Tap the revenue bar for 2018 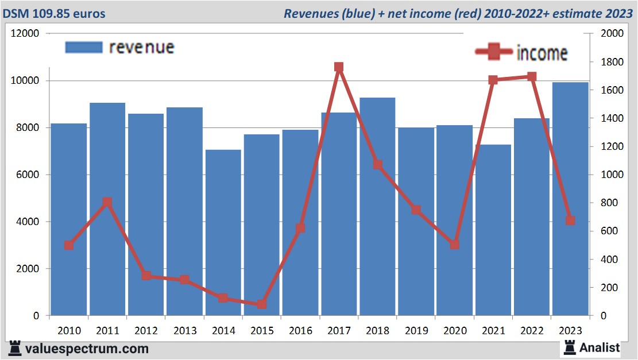377,207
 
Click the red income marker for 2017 339,67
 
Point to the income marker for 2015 262,304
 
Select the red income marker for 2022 532,76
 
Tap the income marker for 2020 455,245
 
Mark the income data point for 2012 146,276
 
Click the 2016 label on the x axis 300,331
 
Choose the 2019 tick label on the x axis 416,331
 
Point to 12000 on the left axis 25,33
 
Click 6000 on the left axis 27,175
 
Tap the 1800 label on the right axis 611,62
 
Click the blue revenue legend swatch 84,47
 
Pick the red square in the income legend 494,52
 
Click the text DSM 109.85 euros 55,13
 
